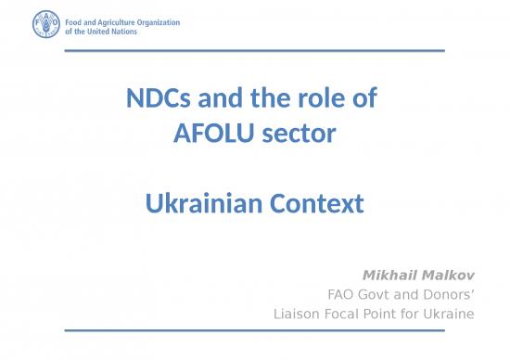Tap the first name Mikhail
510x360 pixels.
coord(390,276)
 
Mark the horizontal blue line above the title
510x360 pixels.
coord(255,50)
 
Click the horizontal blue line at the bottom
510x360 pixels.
coord(255,330)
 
